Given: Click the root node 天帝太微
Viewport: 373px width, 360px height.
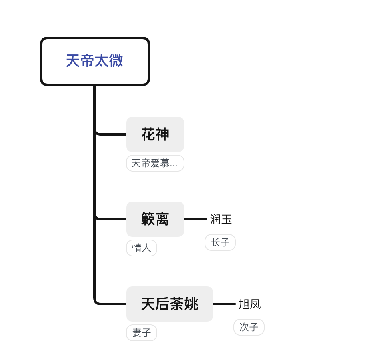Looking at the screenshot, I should click(x=95, y=61).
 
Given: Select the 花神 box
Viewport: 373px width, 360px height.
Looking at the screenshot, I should click(x=155, y=134).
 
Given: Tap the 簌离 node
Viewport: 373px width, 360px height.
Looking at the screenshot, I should click(x=155, y=219).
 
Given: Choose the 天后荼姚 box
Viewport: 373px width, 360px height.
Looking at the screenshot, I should click(x=169, y=304).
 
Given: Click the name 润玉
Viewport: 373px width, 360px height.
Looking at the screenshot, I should click(x=221, y=219).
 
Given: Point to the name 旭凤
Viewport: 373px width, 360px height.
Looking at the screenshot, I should click(x=249, y=304).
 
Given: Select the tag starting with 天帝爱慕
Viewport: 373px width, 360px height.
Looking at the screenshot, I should click(x=155, y=163).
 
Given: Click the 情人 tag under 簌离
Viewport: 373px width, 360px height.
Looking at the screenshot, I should click(x=142, y=248).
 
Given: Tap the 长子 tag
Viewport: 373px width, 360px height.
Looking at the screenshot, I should click(x=220, y=242).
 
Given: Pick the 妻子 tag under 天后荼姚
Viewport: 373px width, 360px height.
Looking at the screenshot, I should click(x=142, y=333).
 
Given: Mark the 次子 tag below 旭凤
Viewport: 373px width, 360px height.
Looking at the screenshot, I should click(x=249, y=327).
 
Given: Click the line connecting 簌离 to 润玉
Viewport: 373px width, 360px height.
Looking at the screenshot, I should click(x=195, y=219).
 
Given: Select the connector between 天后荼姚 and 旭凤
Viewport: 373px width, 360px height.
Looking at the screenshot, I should click(x=224, y=304).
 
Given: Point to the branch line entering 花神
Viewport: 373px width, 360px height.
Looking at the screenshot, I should click(x=112, y=134).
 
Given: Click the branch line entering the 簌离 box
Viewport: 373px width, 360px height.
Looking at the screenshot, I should click(x=112, y=219).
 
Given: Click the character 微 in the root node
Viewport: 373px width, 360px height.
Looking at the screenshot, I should click(x=116, y=61).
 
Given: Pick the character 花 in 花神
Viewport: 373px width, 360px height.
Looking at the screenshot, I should click(x=148, y=134).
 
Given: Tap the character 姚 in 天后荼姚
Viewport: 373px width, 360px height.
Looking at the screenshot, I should click(x=191, y=304).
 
